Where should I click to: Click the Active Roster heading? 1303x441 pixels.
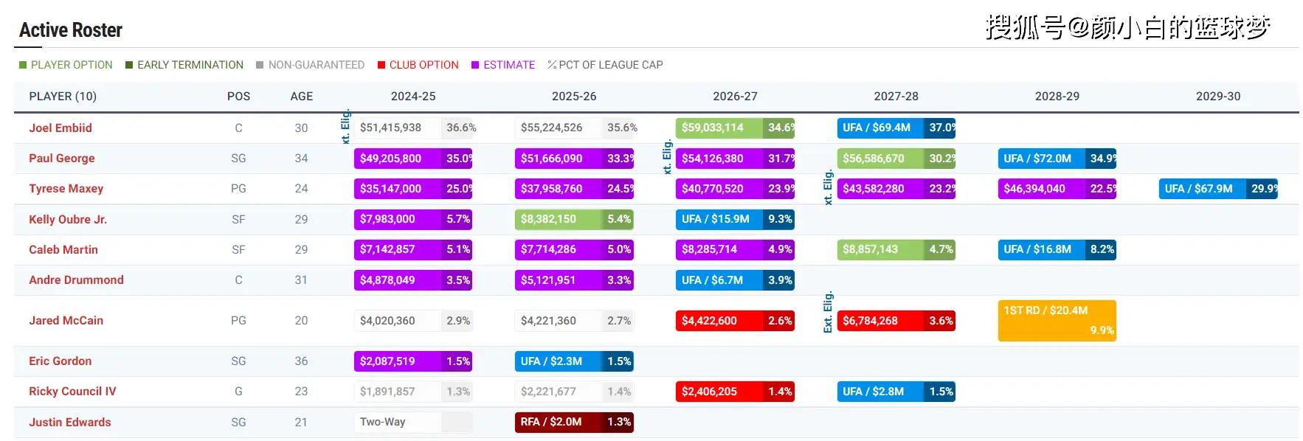point(71,30)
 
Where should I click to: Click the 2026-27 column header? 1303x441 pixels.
point(735,97)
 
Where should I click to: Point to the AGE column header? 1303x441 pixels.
point(301,97)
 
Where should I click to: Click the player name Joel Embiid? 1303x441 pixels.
point(61,128)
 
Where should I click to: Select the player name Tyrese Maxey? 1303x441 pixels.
point(66,189)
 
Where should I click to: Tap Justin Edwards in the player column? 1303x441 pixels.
point(70,423)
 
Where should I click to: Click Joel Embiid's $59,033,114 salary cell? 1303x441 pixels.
point(713,128)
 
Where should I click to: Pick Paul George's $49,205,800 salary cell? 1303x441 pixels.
point(391,159)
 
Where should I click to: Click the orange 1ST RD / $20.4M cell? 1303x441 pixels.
point(1057,320)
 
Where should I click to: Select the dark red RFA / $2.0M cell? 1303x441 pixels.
point(551,423)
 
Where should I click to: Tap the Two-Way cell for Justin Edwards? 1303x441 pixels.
point(383,423)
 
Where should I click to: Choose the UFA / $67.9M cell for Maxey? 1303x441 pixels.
point(1199,189)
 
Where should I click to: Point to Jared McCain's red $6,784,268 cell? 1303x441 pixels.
point(871,321)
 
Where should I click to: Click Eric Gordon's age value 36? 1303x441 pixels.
point(301,361)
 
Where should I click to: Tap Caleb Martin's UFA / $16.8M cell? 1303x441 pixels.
point(1037,250)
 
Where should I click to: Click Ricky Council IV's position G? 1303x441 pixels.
point(238,392)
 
